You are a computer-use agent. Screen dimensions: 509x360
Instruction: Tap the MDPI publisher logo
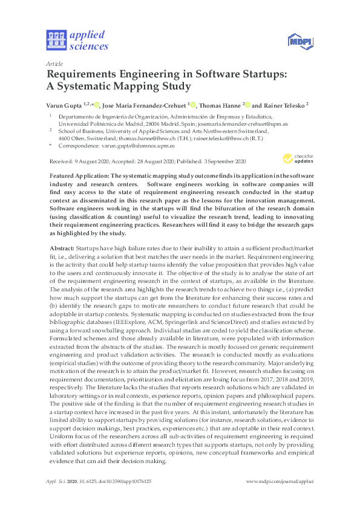tap(297, 41)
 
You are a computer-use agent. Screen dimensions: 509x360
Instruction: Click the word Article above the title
tap(54, 63)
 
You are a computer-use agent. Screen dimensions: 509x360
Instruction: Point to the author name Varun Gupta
tap(65, 104)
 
